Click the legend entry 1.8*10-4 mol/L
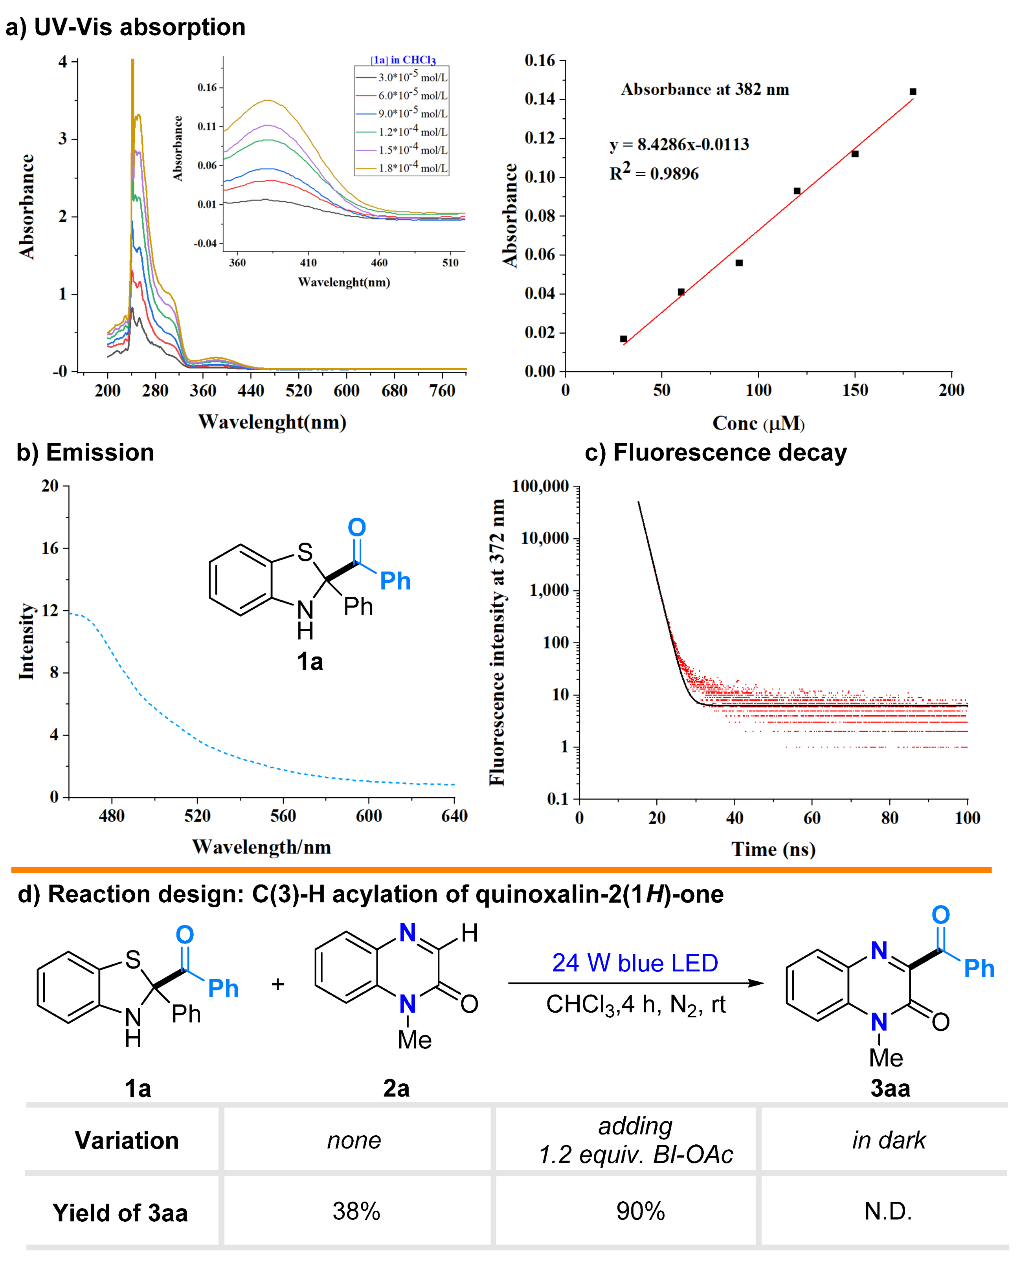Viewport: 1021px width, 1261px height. [x=412, y=168]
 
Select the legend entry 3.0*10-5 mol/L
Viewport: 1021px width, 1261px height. [x=412, y=77]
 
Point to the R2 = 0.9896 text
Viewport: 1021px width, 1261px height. [x=654, y=173]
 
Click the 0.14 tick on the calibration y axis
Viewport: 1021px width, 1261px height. [x=540, y=99]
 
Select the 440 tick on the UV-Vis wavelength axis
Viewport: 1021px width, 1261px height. [x=251, y=391]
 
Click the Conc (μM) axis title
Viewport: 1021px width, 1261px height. [x=758, y=423]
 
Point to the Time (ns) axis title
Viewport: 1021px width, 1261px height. [x=773, y=849]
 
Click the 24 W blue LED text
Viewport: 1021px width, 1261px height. [x=635, y=963]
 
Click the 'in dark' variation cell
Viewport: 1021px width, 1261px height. [x=888, y=1140]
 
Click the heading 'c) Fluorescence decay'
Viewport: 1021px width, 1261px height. [x=715, y=452]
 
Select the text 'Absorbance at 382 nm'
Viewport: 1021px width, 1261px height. [x=705, y=90]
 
